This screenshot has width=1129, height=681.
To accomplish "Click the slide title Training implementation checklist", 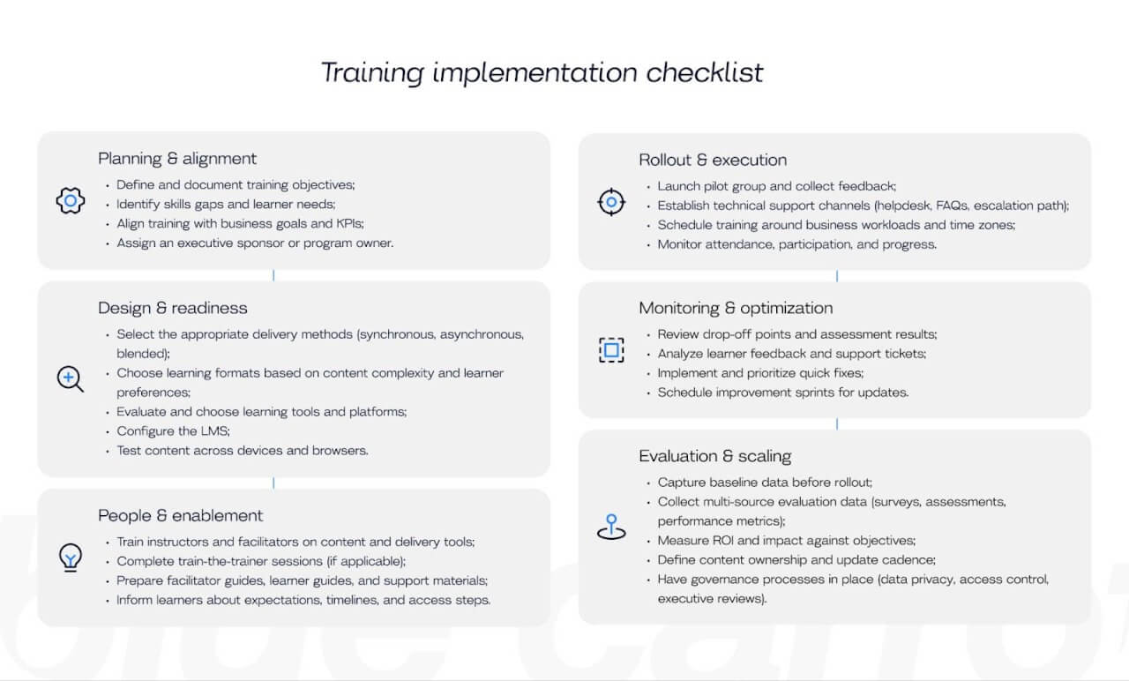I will [542, 72].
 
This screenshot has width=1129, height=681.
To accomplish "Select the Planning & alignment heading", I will [177, 159].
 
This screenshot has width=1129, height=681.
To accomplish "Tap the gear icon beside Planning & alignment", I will [70, 201].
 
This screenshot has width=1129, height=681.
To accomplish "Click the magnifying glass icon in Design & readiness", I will [70, 379].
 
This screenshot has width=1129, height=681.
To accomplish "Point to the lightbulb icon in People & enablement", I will [70, 558].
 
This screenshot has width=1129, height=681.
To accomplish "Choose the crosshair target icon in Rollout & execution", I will [610, 203].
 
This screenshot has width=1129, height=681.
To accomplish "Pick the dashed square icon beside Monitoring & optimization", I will [610, 350].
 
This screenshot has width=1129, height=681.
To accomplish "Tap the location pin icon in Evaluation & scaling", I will [610, 527].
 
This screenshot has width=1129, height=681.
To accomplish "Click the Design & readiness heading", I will [173, 308].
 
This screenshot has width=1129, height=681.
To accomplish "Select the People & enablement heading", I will [181, 515].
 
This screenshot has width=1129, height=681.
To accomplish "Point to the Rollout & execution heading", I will [713, 160].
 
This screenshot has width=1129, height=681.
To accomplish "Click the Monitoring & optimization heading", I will [736, 308].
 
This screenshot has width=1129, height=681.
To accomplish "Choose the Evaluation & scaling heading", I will [715, 456].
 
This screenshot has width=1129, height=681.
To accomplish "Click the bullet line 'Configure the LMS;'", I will [173, 431].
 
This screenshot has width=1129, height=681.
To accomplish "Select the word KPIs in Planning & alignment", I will [349, 224].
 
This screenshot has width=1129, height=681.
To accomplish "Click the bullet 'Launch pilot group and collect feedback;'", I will [776, 186].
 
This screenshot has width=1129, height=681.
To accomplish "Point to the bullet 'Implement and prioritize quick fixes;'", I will [760, 373].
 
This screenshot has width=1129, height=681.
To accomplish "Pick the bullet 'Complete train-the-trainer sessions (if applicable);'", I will [261, 561].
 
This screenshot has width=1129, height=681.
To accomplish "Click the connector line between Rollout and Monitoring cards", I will [836, 276].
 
